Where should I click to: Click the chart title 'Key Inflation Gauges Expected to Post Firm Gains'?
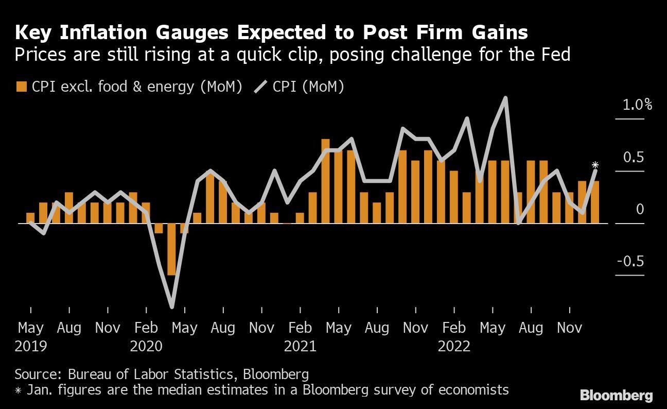click(271, 32)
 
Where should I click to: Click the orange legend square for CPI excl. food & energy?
click(21, 87)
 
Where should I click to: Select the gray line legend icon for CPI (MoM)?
click(261, 87)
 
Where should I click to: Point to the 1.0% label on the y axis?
click(637, 105)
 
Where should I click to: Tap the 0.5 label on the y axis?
click(634, 157)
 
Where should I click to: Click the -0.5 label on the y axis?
click(630, 261)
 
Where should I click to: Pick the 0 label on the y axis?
click(640, 209)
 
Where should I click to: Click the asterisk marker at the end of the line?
click(595, 165)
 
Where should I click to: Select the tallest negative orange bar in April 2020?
click(171, 249)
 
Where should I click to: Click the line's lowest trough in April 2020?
click(171, 307)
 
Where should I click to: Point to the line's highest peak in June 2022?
click(505, 97)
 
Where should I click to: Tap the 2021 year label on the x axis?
click(300, 346)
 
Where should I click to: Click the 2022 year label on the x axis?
click(454, 346)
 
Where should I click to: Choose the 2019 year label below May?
click(31, 346)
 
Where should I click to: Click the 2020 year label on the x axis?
click(146, 346)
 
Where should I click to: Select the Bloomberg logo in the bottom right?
click(616, 396)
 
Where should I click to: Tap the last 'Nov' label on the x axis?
click(569, 328)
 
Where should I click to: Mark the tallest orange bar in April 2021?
click(325, 181)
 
